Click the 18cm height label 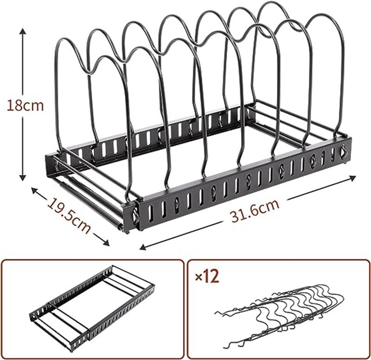(26, 106)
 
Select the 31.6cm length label (255, 211)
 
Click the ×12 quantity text (207, 276)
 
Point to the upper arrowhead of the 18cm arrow (22, 31)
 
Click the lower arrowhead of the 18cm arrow (22, 178)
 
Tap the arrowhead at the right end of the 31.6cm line (353, 178)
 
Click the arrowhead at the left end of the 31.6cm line (143, 247)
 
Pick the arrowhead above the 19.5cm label (34, 190)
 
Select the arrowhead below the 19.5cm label (106, 242)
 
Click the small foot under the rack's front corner (128, 232)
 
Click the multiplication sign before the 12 (199, 278)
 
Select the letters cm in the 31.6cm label (269, 206)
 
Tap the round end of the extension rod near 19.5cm (121, 227)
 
